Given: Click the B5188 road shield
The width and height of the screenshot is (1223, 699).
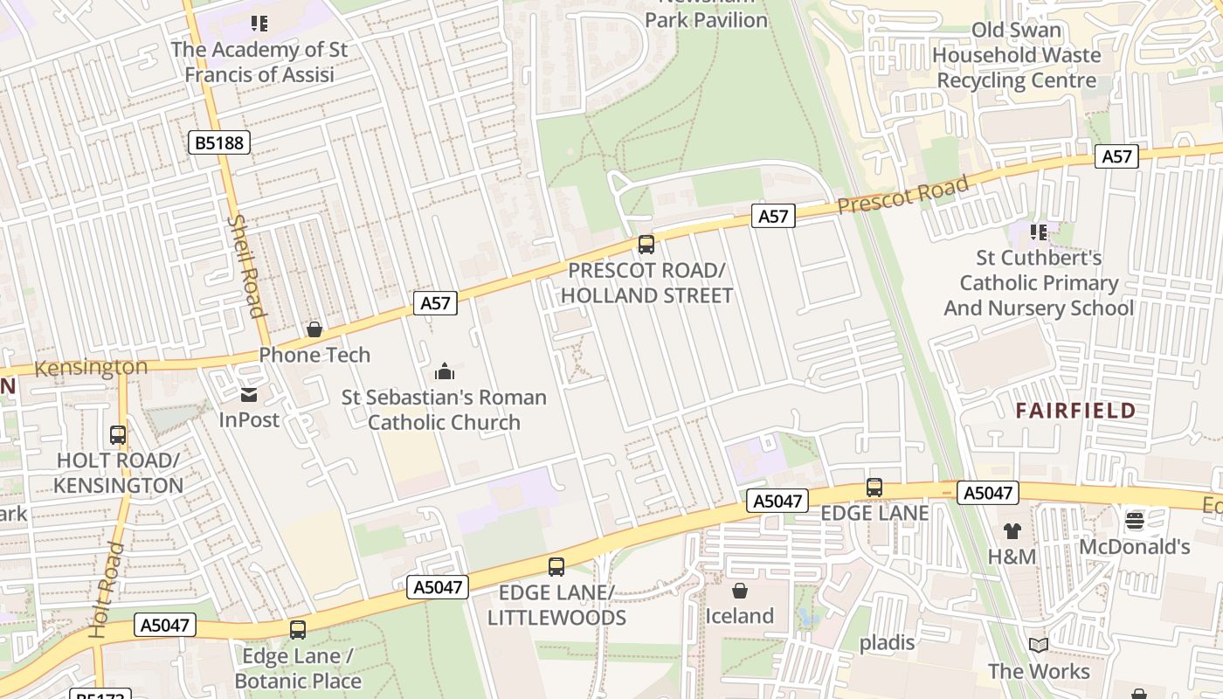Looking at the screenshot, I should (219, 142).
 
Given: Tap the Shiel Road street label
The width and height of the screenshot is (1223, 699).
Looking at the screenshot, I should (245, 266).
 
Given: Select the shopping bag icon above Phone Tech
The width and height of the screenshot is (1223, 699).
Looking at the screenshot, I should (314, 329).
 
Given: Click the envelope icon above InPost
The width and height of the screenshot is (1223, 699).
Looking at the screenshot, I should (249, 395).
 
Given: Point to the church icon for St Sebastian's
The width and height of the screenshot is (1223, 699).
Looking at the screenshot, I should (445, 372).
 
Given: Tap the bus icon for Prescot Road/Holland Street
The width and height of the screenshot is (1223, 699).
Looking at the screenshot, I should (646, 245).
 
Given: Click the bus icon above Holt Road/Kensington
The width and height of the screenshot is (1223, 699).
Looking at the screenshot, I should (118, 434).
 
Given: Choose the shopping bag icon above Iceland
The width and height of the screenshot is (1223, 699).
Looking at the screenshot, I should (740, 591).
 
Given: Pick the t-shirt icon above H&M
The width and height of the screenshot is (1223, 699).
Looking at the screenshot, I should (1012, 530).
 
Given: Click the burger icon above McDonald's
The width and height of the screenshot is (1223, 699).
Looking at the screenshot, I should (1135, 522).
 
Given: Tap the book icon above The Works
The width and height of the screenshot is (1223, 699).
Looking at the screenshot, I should (1039, 646).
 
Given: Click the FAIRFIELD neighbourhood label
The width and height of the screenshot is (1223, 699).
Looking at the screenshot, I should (1075, 411).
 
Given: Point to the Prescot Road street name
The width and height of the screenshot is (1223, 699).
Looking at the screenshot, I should (903, 194).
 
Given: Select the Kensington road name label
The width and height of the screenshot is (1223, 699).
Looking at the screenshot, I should (91, 368).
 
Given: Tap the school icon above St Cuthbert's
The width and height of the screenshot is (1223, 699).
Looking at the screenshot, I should (1039, 232).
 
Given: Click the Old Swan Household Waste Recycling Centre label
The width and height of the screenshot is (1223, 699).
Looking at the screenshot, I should (1017, 55).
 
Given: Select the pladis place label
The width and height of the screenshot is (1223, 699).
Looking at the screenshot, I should (887, 643).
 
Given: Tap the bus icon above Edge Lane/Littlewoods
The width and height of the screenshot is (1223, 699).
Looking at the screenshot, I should (556, 567).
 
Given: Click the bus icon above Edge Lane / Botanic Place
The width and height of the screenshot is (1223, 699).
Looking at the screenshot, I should (298, 629).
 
